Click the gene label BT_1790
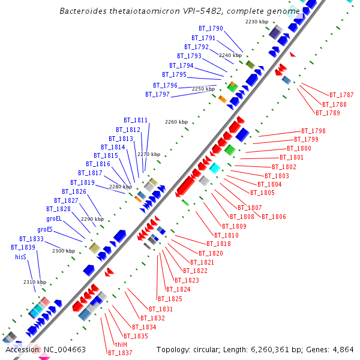coord(211,29)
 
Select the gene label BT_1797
coord(157,95)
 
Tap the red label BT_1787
coord(341,95)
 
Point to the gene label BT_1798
coord(313,131)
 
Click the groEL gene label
coord(55,219)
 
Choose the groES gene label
coord(45,229)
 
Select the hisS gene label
coord(20,257)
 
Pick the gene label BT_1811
coord(136,120)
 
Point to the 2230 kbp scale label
coord(257,22)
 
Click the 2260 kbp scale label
coord(176,122)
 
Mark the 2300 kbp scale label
coord(64,251)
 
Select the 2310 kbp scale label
coord(35,282)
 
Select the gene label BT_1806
coord(274,217)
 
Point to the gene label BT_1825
coord(170,299)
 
